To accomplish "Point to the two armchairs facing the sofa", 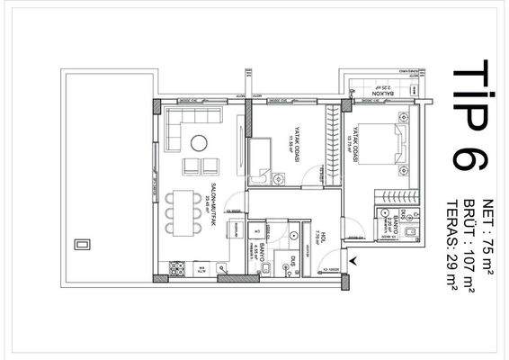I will [199, 167].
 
